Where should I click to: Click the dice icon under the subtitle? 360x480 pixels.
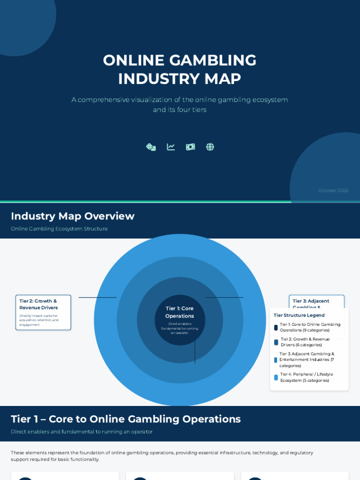click(151, 147)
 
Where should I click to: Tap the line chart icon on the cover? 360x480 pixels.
click(171, 147)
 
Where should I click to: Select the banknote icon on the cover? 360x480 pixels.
click(190, 147)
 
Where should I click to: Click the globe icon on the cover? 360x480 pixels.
click(210, 147)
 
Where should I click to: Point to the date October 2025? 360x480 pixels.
click(333, 190)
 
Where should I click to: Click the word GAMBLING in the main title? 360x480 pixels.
click(212, 60)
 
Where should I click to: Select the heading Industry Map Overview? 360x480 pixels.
click(73, 216)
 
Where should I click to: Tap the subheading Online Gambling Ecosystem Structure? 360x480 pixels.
click(59, 229)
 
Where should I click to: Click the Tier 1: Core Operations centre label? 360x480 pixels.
click(180, 312)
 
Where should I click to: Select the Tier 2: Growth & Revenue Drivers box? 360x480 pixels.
click(43, 312)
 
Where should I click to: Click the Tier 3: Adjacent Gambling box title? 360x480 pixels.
click(311, 301)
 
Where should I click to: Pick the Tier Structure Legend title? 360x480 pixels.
click(299, 315)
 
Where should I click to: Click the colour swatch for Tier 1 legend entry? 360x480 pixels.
click(276, 328)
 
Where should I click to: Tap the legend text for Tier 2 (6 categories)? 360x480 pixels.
click(305, 342)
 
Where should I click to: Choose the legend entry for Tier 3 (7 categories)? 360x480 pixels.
click(307, 360)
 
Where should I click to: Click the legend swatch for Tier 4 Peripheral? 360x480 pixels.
click(276, 377)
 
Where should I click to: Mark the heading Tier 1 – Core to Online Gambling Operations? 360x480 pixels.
click(126, 419)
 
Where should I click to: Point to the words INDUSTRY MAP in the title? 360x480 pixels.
click(180, 79)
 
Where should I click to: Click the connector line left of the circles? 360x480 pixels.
click(97, 298)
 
